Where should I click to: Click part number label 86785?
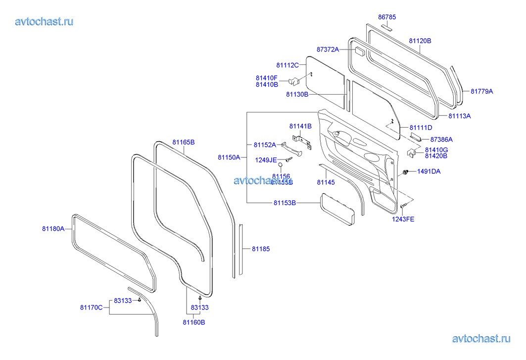coord(387,17)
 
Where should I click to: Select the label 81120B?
coord(420,41)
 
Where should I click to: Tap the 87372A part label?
coord(328,50)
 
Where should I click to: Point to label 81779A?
coord(481,91)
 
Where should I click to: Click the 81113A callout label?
coord(459,116)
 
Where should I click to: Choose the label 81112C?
coord(287,65)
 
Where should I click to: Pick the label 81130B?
coord(297,94)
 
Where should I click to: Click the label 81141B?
coord(300,126)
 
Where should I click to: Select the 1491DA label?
coord(429,171)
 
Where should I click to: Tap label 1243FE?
coord(404,219)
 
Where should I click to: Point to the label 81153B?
coord(285,203)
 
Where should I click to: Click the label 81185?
coord(261,249)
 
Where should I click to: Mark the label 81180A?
coord(53,229)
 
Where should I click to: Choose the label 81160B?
coord(193,322)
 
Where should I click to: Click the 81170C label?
coord(91,308)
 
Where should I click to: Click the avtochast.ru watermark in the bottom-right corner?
coord(481,339)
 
